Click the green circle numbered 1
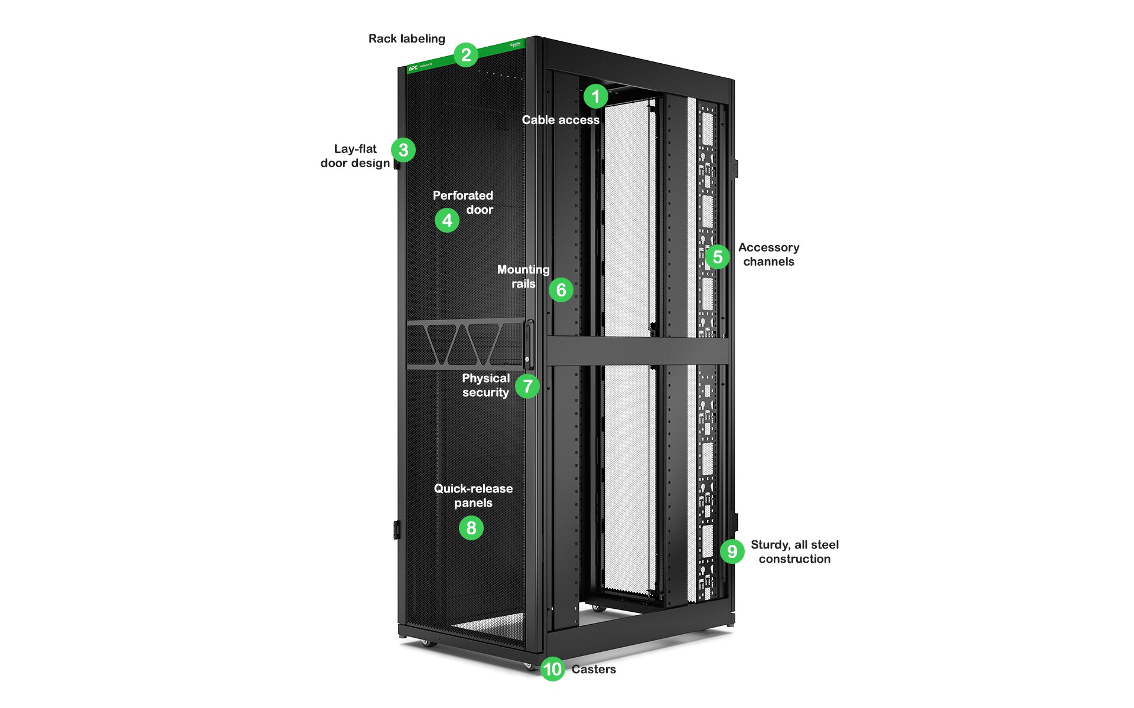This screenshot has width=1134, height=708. [x=595, y=96]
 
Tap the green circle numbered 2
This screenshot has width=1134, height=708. [x=466, y=55]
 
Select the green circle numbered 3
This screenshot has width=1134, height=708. [x=403, y=150]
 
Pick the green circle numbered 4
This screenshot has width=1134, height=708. [x=447, y=220]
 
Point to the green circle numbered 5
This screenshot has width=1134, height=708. [x=718, y=257]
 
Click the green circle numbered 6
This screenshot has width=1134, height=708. [x=561, y=290]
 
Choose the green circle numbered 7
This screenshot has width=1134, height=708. [x=527, y=386]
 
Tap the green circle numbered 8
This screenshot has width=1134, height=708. [x=471, y=528]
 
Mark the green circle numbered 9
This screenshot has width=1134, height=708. [x=732, y=552]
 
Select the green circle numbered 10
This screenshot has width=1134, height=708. [x=552, y=669]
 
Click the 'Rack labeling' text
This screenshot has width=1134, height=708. [x=406, y=39]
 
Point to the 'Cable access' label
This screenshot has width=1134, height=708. [x=560, y=120]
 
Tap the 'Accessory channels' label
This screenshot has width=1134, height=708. [x=768, y=255]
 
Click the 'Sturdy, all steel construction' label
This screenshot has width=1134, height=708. [x=794, y=552]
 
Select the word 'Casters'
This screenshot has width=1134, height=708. [x=594, y=669]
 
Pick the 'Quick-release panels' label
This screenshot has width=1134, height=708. [x=473, y=495]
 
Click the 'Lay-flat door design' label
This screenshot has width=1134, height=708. [x=355, y=156]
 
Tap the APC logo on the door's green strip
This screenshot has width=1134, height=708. [x=413, y=68]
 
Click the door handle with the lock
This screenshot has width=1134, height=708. [x=528, y=345]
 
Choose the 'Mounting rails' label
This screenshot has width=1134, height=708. [x=523, y=276]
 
